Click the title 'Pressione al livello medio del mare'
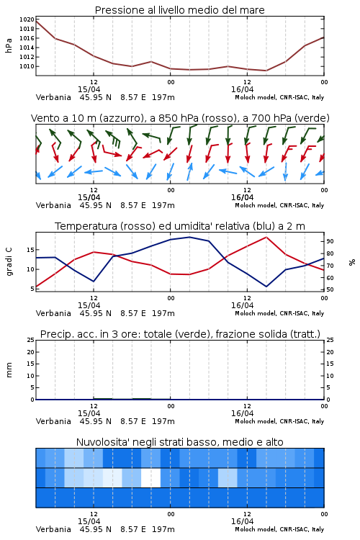(x=179, y=10)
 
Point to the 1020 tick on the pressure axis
(x=27, y=19)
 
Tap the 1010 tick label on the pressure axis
(x=27, y=66)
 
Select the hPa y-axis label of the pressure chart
(x=9, y=45)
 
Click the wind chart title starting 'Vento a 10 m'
(x=180, y=118)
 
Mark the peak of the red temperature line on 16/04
(x=266, y=237)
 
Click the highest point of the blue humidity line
(x=189, y=237)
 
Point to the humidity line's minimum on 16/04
(x=266, y=287)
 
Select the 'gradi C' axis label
(x=9, y=262)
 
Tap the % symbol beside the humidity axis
(x=352, y=262)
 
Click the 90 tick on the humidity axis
(x=330, y=241)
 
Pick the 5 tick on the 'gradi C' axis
(x=32, y=289)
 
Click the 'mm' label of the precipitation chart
(x=9, y=370)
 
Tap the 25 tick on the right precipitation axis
(x=330, y=340)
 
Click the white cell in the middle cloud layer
(x=151, y=477)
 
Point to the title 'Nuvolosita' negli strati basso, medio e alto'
(x=179, y=442)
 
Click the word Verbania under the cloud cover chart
(x=53, y=529)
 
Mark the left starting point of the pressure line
(x=36, y=22)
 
